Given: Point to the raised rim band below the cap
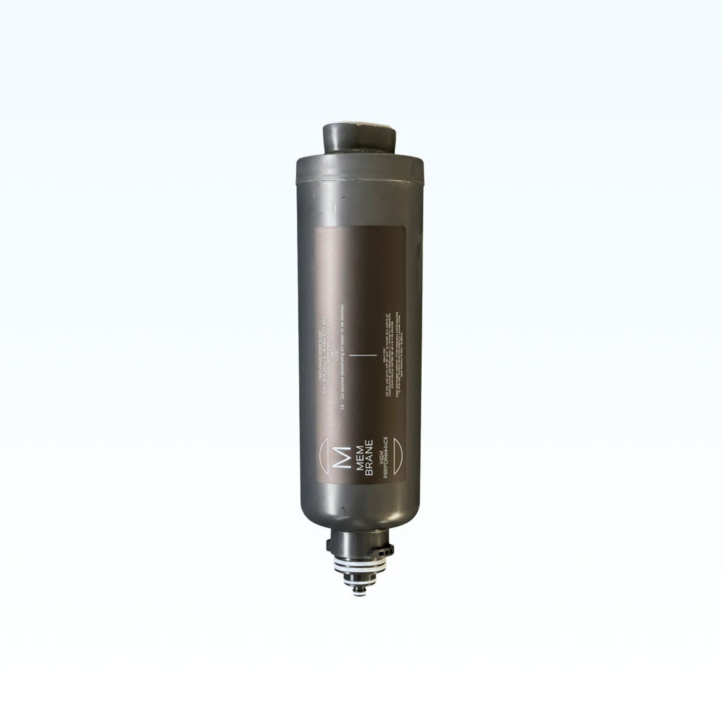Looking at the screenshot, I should pyautogui.click(x=360, y=171).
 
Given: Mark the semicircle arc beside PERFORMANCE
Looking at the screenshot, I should pyautogui.click(x=397, y=458).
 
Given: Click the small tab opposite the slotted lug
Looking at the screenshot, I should pyautogui.click(x=330, y=546).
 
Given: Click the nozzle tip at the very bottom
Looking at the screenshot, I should pyautogui.click(x=360, y=592).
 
